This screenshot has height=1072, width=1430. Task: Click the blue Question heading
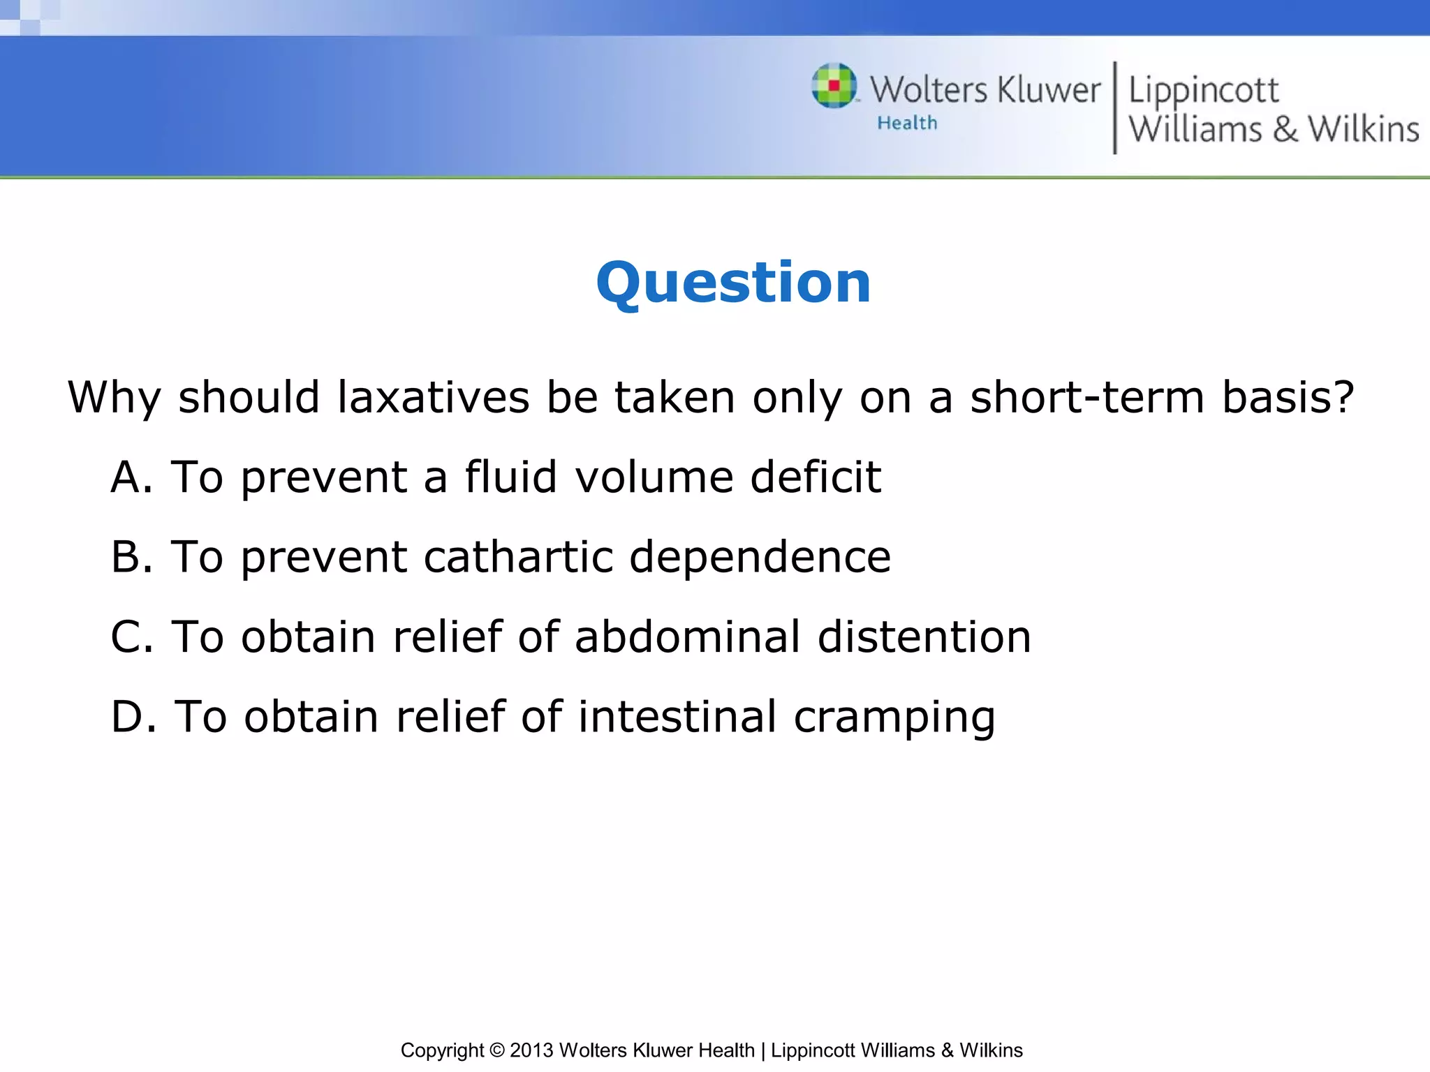733,283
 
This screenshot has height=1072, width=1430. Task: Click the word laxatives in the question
433,398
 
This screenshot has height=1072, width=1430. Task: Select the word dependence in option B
760,557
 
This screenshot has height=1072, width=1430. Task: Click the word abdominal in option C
687,636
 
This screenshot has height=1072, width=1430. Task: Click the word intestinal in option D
677,717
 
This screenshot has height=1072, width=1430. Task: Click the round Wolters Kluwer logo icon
834,86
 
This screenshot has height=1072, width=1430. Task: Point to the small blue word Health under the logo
907,124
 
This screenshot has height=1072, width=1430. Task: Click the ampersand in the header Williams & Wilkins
1285,130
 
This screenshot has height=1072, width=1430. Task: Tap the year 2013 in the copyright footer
531,1050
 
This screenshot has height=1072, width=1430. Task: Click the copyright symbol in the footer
496,1050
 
